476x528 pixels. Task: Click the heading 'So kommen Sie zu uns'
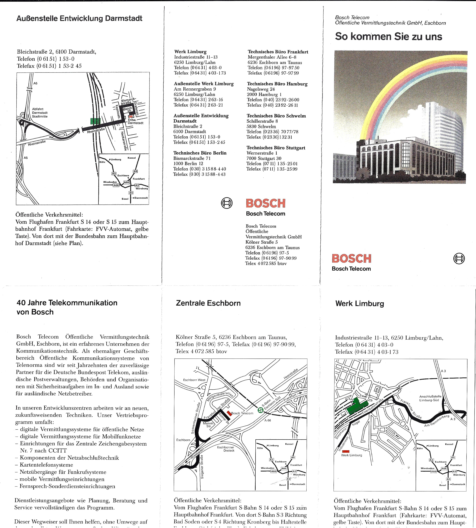tap(388, 37)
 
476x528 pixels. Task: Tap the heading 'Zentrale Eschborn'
tap(208, 303)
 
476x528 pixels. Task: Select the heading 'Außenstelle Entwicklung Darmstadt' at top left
tap(79, 18)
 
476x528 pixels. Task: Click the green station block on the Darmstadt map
tap(95, 121)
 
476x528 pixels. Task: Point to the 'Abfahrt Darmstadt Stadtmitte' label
tap(40, 113)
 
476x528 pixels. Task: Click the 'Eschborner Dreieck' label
tap(226, 449)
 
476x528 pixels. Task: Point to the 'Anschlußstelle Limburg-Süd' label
tap(430, 398)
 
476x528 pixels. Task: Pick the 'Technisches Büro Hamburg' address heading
tap(277, 84)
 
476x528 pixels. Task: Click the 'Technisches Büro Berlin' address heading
tap(200, 153)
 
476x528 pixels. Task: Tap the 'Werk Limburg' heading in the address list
tap(190, 52)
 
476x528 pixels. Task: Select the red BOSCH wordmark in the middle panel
tap(266, 203)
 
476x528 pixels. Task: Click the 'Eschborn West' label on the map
tap(194, 380)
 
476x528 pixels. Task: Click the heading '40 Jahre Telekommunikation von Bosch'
tap(67, 307)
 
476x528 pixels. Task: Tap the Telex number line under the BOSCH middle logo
tap(266, 263)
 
